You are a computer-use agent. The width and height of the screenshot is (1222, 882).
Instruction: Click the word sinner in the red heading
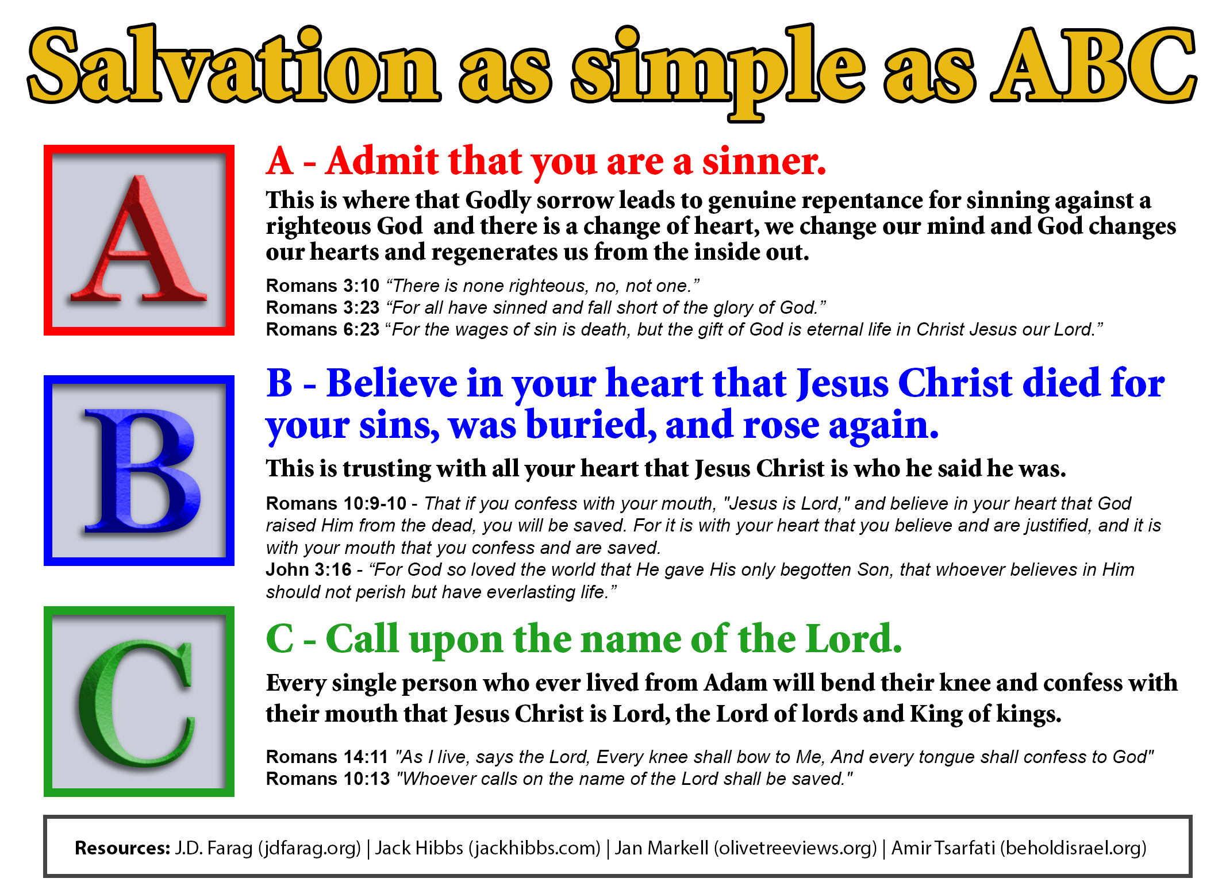[764, 161]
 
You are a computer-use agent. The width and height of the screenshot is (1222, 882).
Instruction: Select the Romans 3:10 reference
[322, 286]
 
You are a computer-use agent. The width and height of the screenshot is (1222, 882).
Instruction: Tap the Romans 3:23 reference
[322, 307]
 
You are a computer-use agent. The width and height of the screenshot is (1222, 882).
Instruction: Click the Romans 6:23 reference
[322, 329]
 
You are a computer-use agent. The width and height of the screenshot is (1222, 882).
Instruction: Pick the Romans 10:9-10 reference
[336, 503]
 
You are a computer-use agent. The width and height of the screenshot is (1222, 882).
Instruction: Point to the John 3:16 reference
[309, 569]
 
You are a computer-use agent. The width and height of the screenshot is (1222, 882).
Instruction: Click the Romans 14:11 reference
[327, 757]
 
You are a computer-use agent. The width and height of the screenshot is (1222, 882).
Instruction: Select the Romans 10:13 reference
[328, 779]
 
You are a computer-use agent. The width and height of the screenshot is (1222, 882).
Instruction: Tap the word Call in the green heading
[362, 638]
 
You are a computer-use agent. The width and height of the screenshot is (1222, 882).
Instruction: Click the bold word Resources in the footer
[122, 848]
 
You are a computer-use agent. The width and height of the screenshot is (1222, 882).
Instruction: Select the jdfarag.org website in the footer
[310, 849]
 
